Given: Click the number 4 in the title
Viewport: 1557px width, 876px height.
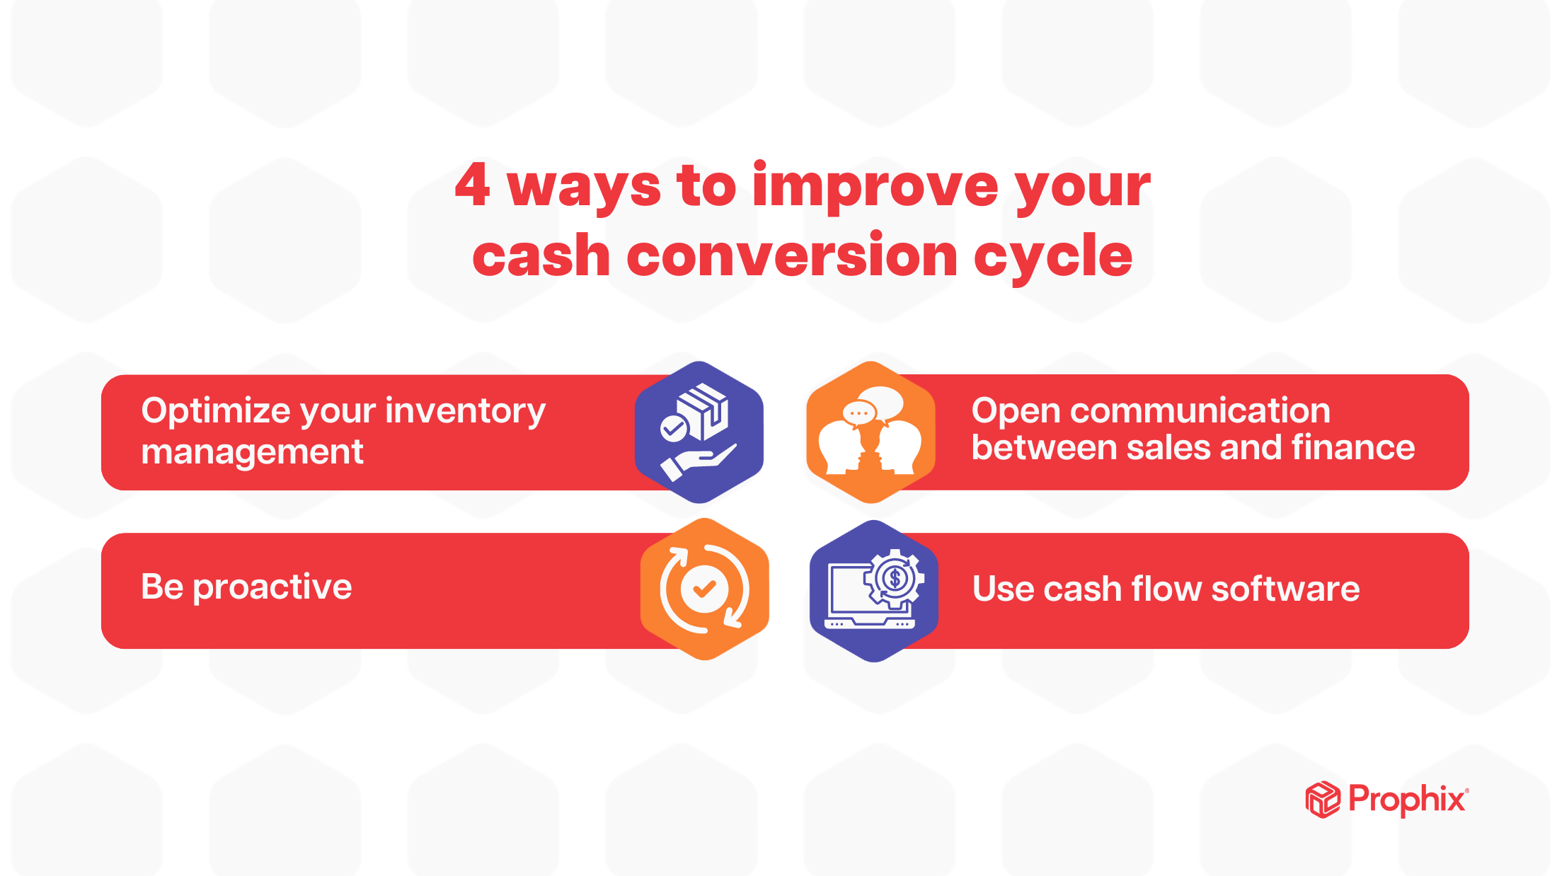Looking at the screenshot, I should pos(473,185).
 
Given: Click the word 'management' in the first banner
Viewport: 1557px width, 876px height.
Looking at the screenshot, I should pos(252,452).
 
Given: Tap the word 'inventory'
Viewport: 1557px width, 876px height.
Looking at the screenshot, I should pos(465,412).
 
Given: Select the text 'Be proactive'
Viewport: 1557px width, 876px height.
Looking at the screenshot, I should pos(246,587).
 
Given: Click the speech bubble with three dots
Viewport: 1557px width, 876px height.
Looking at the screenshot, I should pos(858,413).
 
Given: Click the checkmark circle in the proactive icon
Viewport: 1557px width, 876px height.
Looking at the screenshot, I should pos(703,589).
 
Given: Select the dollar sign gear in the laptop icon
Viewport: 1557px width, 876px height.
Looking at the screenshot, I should pos(895,579).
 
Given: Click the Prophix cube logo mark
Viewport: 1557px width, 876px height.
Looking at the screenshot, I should pos(1322,800).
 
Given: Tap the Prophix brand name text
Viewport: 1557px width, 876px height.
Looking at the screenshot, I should pos(1407,800).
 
